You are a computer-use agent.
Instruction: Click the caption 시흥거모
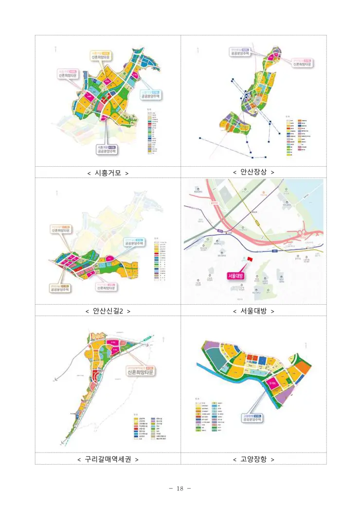(108, 173)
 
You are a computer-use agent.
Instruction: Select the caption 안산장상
(253, 172)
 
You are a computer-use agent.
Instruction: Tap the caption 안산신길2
(108, 311)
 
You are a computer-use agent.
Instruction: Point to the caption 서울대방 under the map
(253, 311)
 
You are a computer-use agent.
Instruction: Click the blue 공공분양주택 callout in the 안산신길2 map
(134, 242)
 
